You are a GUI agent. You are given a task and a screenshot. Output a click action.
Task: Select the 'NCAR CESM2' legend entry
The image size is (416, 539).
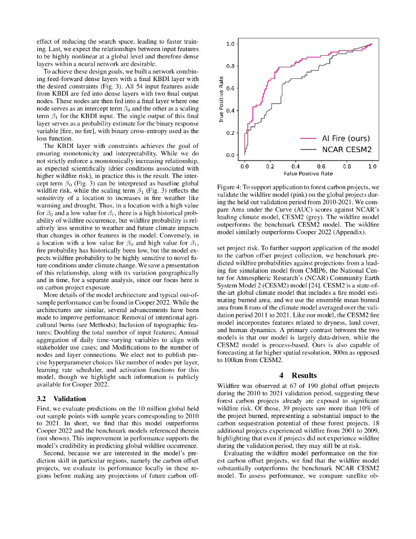point(347,149)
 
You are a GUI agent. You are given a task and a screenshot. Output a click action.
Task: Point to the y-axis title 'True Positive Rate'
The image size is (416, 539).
point(221,100)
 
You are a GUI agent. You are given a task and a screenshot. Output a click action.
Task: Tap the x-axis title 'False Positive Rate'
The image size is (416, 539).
point(308,173)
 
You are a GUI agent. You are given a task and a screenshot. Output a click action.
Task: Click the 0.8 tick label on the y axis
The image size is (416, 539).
point(230,66)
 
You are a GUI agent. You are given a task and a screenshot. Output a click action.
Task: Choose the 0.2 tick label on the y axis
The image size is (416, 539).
point(230,133)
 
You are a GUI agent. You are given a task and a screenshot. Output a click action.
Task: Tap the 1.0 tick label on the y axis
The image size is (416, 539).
point(230,44)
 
